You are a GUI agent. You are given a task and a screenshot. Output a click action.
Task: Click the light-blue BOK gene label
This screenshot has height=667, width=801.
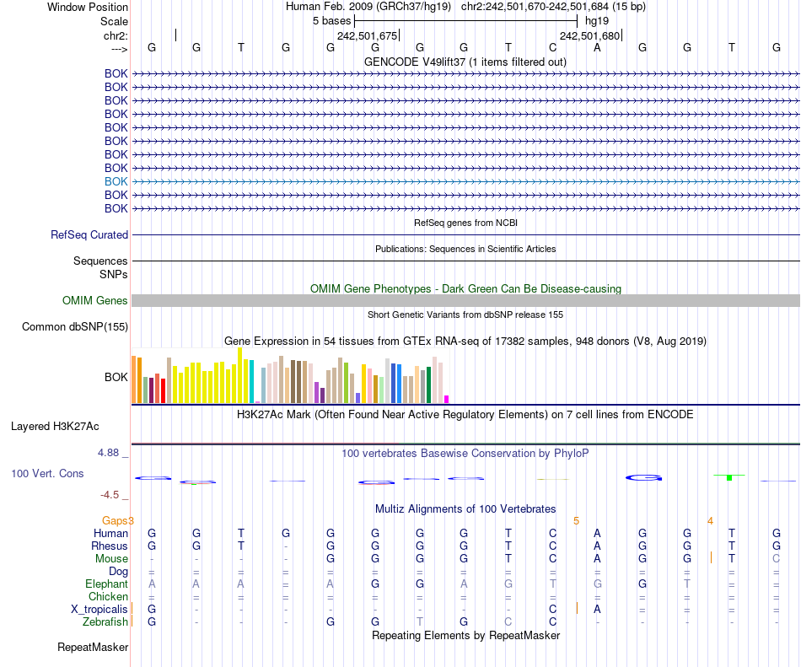coord(116,181)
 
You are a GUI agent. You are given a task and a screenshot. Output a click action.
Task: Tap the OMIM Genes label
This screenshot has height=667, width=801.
coord(95,301)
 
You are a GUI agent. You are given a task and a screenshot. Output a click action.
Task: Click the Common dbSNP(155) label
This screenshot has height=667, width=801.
coord(75,327)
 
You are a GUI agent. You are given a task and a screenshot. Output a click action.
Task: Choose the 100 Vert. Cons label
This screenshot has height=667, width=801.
coord(47,474)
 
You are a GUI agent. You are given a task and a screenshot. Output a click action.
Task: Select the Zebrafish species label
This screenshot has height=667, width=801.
coord(106,622)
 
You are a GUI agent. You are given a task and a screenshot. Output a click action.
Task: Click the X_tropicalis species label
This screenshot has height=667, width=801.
coord(99,610)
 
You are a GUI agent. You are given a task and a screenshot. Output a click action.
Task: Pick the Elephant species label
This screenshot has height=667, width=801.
coord(106,584)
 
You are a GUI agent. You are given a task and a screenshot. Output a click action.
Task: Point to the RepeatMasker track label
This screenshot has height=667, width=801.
coord(93,648)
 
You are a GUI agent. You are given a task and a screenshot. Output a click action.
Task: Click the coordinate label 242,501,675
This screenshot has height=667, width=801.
coord(367,36)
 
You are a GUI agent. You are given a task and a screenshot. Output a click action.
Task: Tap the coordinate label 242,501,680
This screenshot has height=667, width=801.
coord(589,36)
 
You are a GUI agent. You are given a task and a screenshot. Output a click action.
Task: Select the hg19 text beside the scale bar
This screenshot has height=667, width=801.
coord(597,20)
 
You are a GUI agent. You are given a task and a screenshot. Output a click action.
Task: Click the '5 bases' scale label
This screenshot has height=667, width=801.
coord(331,20)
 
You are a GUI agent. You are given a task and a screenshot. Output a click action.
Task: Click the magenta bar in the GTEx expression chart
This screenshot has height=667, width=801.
coord(447,399)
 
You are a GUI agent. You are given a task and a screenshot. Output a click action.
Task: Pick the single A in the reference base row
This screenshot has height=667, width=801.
coord(598,47)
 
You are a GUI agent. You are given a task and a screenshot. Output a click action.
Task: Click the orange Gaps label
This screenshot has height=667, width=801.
coord(116,520)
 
